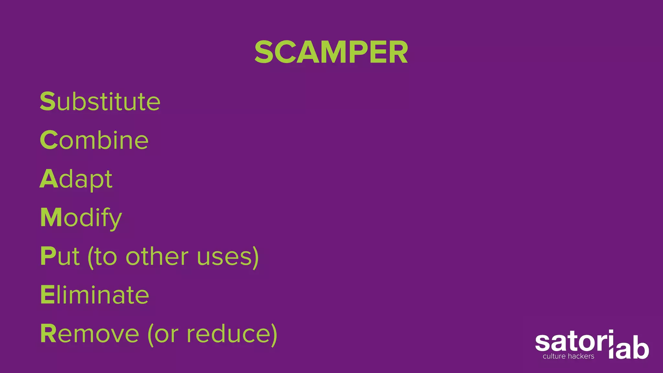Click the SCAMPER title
coord(331,52)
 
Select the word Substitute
coord(100,102)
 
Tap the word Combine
coord(94,140)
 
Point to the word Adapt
coord(76,179)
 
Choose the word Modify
coord(81,218)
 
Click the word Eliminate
coord(95,295)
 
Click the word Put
coord(60,256)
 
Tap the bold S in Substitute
coord(48,101)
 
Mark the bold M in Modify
coord(51,217)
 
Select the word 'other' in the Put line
coord(157,256)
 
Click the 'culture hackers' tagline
coord(568,356)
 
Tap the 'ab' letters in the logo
coord(633,350)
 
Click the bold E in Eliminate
coord(47,295)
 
